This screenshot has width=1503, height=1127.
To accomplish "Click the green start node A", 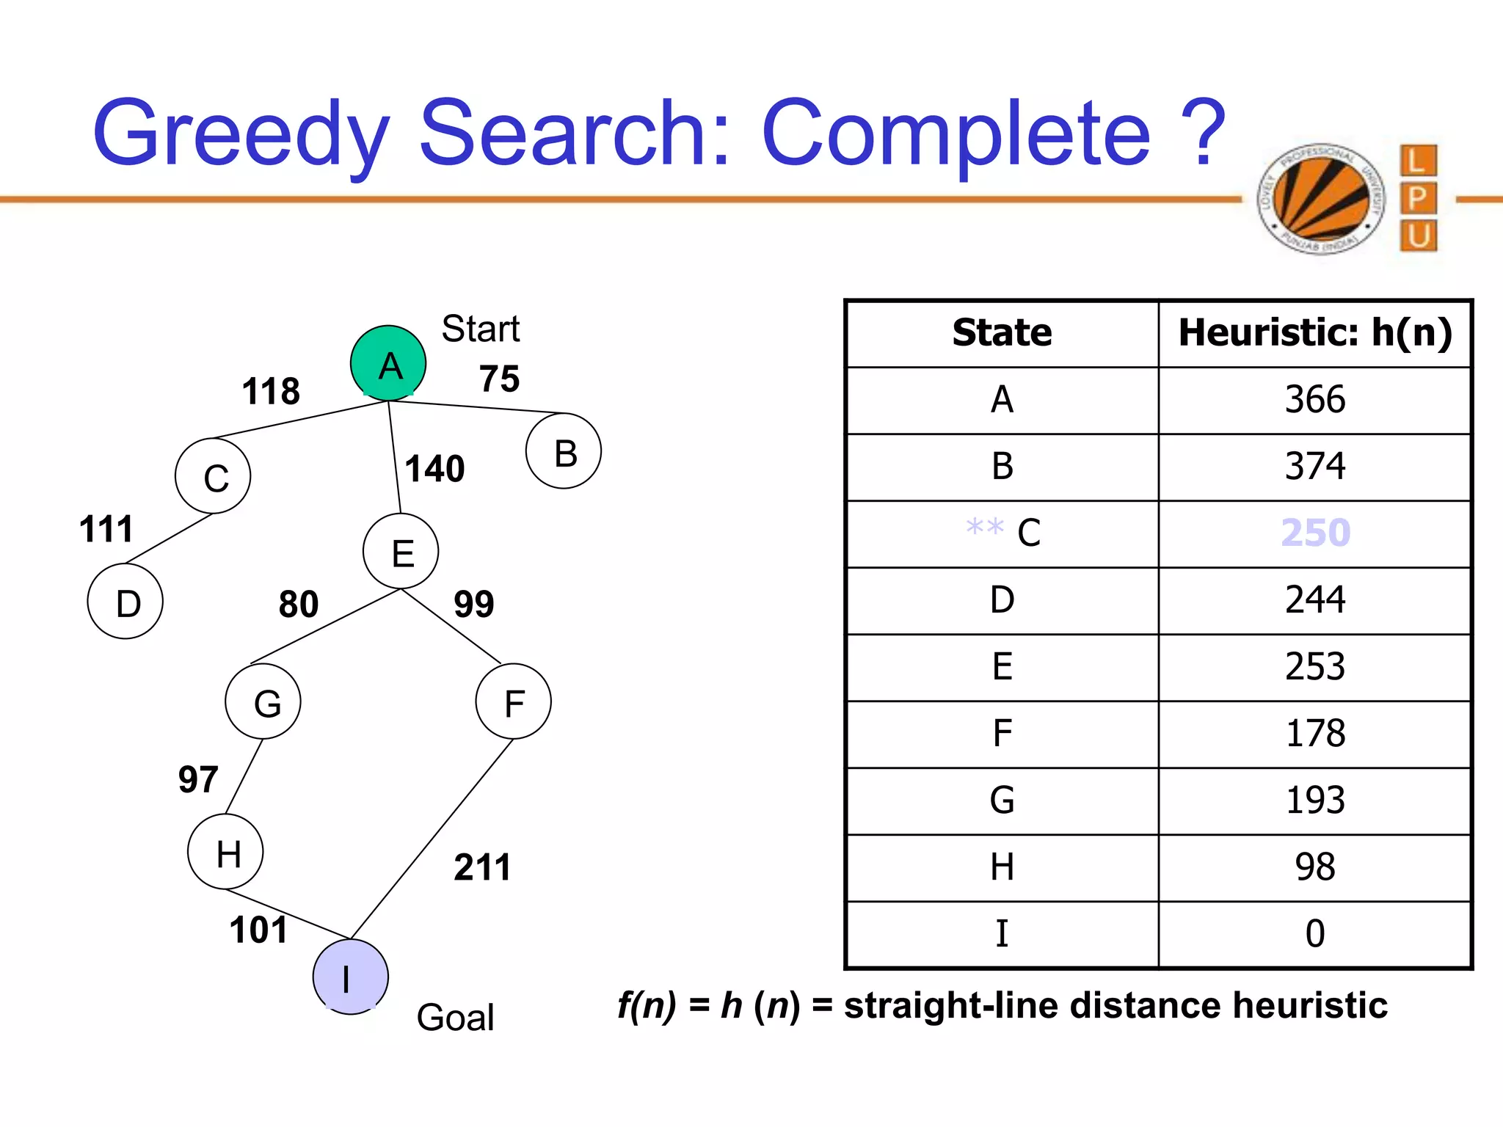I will [388, 363].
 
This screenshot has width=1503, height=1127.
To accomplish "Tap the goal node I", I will [350, 977].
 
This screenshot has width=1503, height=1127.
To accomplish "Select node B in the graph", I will [564, 451].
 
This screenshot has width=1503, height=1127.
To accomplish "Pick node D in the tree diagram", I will [125, 602].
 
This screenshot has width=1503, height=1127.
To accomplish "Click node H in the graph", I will [226, 852].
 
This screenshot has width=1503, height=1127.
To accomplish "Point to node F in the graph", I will [514, 701].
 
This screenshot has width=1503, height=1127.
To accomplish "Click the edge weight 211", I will [482, 867].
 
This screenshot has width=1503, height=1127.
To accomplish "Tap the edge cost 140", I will [434, 469].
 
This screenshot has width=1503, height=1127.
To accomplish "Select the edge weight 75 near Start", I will [499, 379].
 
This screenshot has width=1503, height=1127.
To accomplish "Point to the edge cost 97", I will [198, 779].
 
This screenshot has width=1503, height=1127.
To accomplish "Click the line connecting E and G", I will [325, 627].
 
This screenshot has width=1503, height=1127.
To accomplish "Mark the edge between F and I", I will [432, 839].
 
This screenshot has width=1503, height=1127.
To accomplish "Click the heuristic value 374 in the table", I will [1315, 467].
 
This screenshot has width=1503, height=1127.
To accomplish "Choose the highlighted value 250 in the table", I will [1315, 533].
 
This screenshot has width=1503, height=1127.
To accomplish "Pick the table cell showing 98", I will [1315, 867].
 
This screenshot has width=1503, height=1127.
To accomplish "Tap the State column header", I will [1002, 333].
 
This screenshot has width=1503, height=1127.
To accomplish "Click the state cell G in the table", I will [1002, 800].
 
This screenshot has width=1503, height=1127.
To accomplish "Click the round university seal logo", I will [1320, 198].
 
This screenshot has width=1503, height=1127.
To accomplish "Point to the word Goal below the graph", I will [455, 1018].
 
